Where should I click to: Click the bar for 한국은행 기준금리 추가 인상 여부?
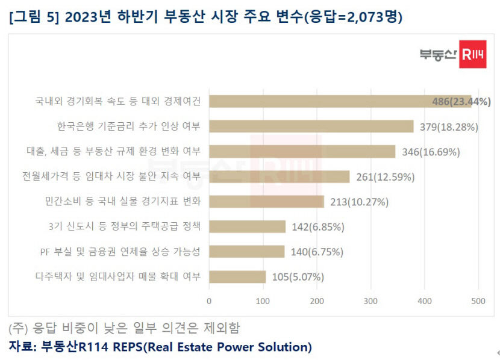311,126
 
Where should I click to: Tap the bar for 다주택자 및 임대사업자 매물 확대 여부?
237,277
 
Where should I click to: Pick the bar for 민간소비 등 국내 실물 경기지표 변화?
266,202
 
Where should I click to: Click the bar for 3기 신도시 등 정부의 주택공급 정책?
247,226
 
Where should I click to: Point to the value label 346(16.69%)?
431,152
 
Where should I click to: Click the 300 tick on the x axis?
371,301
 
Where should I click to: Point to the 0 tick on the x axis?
209,301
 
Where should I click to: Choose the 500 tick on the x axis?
479,301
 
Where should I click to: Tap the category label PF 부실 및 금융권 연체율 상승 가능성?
119,251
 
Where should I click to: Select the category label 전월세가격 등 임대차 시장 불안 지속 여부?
111,176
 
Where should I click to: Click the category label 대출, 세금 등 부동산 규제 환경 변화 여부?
113,151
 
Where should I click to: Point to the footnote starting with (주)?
124,328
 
